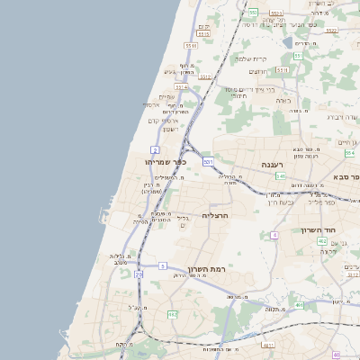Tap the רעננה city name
point(274,165)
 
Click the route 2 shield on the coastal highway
point(156,149)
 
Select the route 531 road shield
point(208,161)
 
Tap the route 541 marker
point(281,176)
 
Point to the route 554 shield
point(349,154)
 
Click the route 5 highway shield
point(162,265)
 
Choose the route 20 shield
point(139,274)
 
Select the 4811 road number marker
point(268,345)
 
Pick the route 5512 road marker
point(205,77)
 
